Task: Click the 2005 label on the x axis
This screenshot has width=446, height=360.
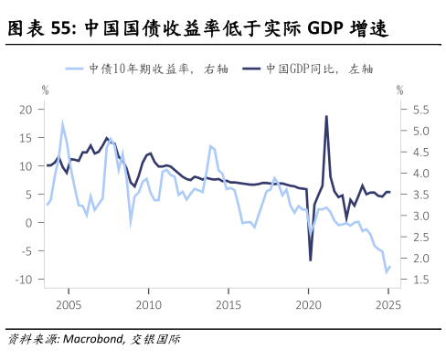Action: (67, 302)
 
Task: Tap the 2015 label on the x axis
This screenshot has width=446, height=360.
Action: (228, 302)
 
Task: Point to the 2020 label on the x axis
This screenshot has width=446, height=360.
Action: (308, 302)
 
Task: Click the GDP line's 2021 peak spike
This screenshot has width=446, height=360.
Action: (326, 116)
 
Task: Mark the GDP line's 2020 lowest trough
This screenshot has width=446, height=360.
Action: (310, 260)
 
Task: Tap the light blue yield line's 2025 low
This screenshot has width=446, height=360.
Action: (386, 271)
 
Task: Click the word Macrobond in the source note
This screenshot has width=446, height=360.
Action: (90, 340)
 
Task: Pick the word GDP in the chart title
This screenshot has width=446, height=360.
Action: (324, 30)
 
